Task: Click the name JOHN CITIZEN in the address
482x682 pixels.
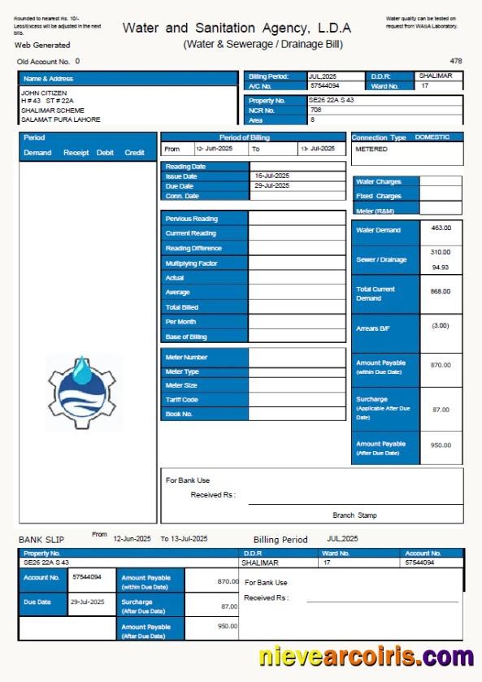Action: (44, 93)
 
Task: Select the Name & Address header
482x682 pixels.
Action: (48, 79)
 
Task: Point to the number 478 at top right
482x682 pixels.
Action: (455, 61)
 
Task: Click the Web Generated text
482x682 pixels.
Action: (42, 46)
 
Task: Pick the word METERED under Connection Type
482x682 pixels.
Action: (371, 150)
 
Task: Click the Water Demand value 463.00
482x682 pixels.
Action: (441, 228)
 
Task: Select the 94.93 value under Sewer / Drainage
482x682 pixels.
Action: (441, 267)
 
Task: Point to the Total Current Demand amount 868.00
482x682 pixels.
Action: (441, 291)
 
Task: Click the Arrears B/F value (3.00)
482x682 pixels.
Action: (441, 326)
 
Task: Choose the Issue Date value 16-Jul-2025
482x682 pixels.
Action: (271, 176)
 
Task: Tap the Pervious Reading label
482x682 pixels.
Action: (191, 219)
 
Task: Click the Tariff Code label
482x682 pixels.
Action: (182, 400)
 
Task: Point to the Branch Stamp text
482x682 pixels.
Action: (354, 515)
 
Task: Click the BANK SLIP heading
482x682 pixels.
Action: (41, 540)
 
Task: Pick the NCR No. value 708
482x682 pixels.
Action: (315, 110)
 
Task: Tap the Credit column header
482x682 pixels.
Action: (134, 153)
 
